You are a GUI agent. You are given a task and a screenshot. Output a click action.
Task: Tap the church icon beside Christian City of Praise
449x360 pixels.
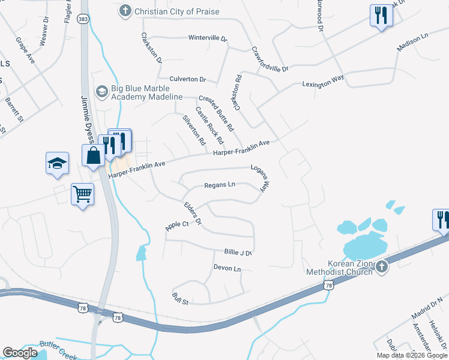click(x=125, y=10)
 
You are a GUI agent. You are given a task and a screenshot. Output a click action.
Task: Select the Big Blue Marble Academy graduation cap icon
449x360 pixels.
click(x=101, y=91)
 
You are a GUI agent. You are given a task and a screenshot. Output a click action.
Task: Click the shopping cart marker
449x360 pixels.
click(x=82, y=194)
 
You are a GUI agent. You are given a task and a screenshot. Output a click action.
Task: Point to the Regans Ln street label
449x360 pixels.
click(x=219, y=185)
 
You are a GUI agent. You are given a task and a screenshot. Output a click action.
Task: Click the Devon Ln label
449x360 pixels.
click(x=227, y=268)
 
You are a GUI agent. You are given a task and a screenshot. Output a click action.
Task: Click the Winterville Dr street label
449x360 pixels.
click(x=208, y=38)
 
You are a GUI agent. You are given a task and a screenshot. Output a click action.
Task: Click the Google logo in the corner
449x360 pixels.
click(x=20, y=353)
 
